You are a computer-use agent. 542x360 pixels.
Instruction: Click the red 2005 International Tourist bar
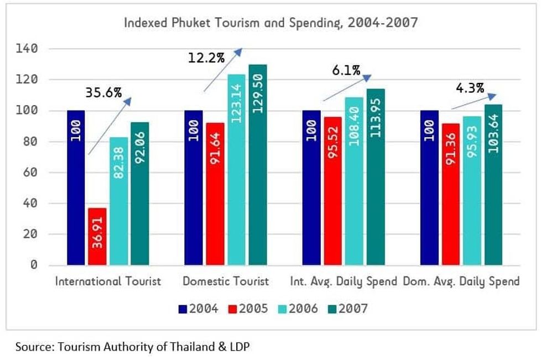(x=97, y=236)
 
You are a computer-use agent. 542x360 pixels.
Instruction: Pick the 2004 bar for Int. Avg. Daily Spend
(x=311, y=187)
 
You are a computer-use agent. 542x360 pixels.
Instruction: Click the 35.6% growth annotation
(x=103, y=93)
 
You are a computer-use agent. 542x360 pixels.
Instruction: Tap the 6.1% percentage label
(x=346, y=70)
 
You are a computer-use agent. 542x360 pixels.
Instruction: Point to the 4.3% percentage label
(x=470, y=87)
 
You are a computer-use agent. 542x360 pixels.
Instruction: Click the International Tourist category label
(x=108, y=281)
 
